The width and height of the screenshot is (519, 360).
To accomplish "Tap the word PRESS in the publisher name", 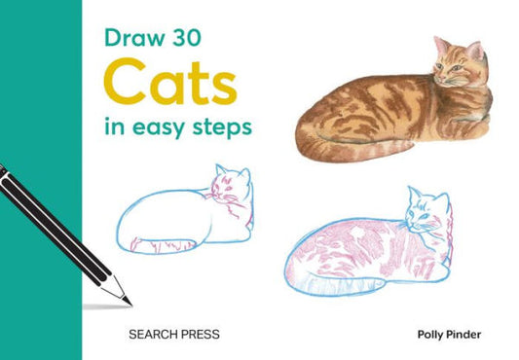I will click(200, 334).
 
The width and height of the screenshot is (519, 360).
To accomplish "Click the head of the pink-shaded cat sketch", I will click(428, 211).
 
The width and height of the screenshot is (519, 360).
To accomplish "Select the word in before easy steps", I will click(114, 126).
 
